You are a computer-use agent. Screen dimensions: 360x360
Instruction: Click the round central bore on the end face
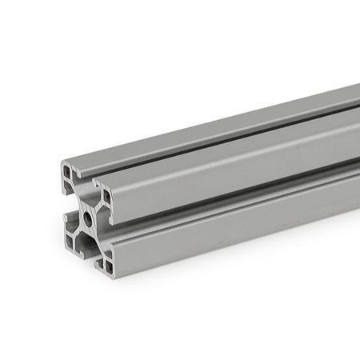tap(83, 217)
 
